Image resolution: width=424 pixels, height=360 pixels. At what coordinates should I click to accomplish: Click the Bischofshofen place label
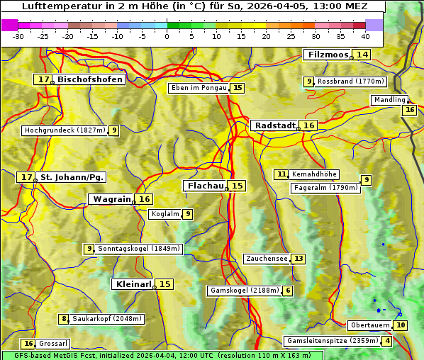tap(90, 80)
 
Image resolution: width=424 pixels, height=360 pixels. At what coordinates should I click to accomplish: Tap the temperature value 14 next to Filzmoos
tap(362, 55)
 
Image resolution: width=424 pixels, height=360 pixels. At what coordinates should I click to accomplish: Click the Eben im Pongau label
tap(199, 88)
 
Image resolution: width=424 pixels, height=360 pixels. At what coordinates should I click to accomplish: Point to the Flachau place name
tap(205, 186)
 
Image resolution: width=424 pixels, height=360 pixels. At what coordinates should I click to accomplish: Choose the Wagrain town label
tap(112, 199)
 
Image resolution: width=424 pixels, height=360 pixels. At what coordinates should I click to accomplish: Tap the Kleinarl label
tap(133, 284)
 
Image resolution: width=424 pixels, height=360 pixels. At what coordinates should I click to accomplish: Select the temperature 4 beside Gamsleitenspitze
tap(387, 341)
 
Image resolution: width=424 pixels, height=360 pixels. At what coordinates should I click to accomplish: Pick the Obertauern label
tap(370, 325)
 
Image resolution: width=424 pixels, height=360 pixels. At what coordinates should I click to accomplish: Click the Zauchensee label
tap(267, 259)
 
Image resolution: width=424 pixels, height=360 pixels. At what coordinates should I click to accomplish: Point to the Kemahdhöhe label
tap(315, 174)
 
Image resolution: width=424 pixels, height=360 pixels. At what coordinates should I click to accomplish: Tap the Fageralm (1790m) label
tap(325, 188)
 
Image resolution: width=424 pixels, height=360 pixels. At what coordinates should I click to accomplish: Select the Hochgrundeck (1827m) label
tap(65, 130)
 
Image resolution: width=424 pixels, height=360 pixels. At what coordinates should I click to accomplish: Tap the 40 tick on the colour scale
tap(365, 36)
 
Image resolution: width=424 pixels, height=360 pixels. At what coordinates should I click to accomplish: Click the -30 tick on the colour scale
tap(18, 36)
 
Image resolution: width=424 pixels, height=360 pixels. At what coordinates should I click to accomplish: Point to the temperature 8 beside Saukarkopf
tap(64, 319)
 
